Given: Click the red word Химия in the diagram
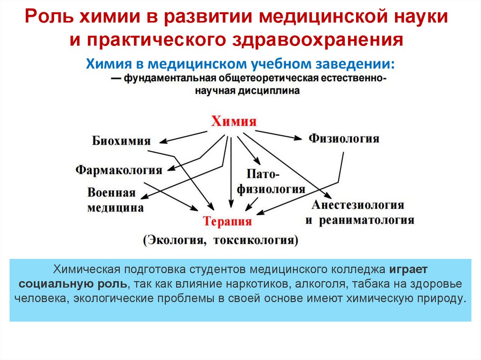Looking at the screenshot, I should [234, 122].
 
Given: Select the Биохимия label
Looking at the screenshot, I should [121, 141].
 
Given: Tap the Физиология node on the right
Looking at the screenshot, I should [344, 138].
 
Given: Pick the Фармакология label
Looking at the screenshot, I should [119, 169].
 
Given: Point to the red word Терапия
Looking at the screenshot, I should [227, 222].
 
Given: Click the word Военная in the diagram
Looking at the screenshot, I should [111, 193].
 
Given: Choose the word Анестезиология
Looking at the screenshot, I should [357, 205].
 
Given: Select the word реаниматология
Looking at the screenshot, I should [366, 220].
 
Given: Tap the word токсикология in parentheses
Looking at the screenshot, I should [256, 240].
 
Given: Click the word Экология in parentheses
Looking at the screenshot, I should [176, 240].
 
